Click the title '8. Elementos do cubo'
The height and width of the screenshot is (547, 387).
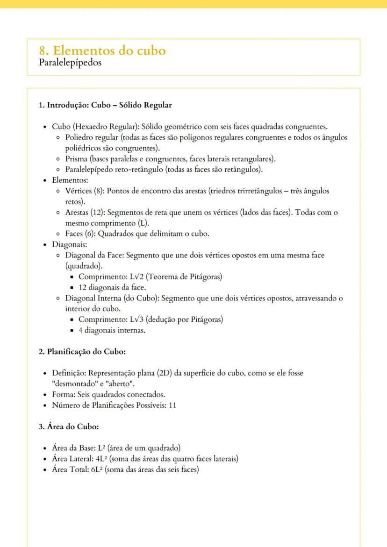[103, 50]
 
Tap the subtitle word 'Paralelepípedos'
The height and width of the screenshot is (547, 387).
[71, 63]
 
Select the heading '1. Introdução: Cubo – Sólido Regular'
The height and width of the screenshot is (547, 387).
[105, 105]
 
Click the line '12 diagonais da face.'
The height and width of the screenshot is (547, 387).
[112, 287]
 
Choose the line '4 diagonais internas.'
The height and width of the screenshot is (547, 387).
[112, 330]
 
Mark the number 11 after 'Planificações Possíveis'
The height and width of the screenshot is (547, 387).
[172, 405]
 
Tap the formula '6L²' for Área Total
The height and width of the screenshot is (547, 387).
[98, 469]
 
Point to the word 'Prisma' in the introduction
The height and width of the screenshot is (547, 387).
[76, 159]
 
